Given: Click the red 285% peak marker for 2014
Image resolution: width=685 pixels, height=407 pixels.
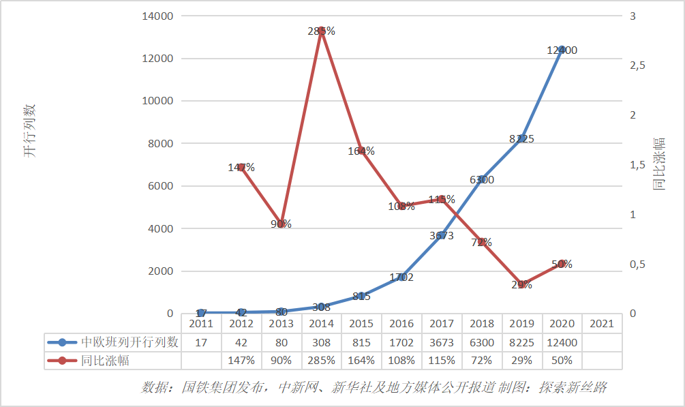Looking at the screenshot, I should [x=322, y=31].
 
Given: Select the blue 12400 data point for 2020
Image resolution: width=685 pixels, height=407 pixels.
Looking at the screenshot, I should [x=562, y=50].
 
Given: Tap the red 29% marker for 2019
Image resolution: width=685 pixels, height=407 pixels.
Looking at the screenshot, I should [x=522, y=284].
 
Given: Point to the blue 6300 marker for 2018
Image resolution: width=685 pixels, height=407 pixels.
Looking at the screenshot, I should [x=482, y=179].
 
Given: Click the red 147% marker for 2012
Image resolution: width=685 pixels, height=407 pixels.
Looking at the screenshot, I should [x=241, y=167].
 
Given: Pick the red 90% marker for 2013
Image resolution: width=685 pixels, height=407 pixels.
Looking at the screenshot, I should [x=281, y=224].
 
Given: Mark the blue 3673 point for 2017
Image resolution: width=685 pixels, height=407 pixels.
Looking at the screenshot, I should [x=442, y=235].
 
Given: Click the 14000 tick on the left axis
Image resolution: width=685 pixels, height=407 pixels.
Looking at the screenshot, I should [x=157, y=16].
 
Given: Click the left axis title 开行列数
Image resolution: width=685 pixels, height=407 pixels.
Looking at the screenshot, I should [x=29, y=131].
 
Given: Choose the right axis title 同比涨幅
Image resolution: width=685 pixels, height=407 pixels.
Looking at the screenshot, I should [x=659, y=164].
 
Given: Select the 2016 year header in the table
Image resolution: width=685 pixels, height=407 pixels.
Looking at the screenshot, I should [x=401, y=324].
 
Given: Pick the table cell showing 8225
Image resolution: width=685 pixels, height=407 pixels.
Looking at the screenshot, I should [x=521, y=342].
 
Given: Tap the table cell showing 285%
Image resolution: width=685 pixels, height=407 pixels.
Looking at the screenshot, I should [x=321, y=360].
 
